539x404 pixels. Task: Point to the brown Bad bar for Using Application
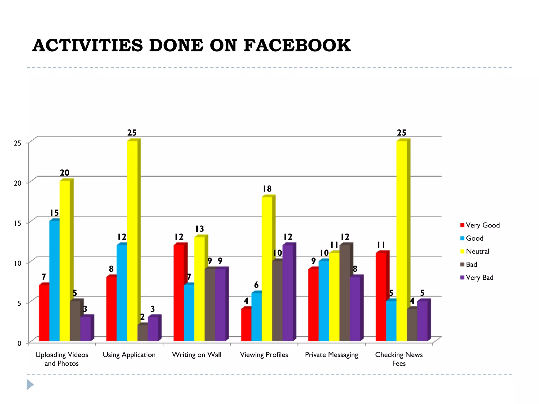142,333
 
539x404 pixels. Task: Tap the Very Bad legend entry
477,277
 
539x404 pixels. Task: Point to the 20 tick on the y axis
18,183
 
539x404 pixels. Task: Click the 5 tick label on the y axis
19,303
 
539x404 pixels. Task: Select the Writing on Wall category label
197,355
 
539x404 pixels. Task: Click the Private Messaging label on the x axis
331,355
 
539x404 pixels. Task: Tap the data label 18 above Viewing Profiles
267,189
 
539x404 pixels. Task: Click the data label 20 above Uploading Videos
64,173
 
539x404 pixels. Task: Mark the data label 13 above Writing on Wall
199,229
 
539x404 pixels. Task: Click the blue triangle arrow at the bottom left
30,385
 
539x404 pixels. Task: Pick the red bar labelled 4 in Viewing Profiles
246,325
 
